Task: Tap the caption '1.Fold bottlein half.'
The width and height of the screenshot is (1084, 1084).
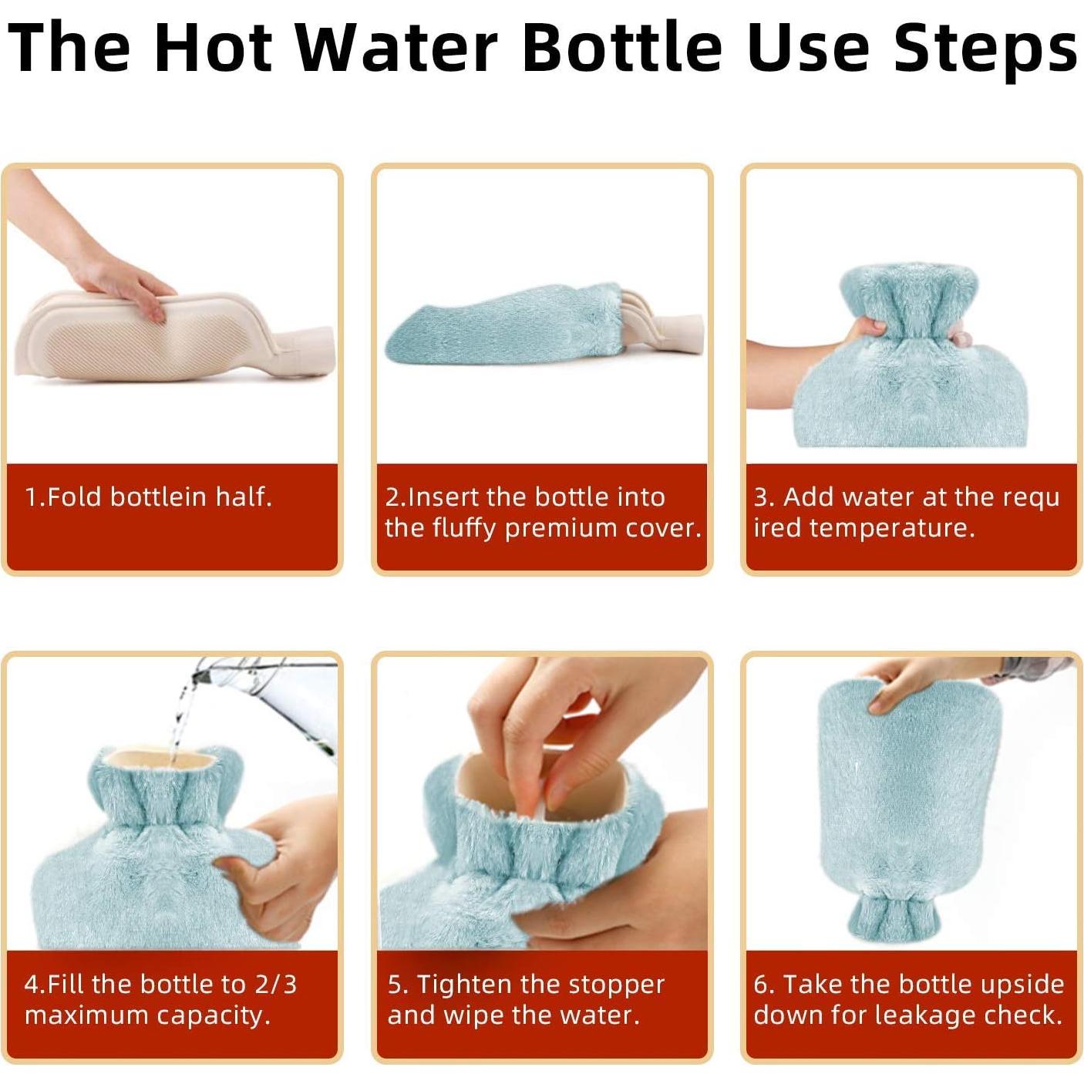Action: (x=148, y=497)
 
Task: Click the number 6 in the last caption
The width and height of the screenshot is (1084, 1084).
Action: (x=760, y=985)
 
